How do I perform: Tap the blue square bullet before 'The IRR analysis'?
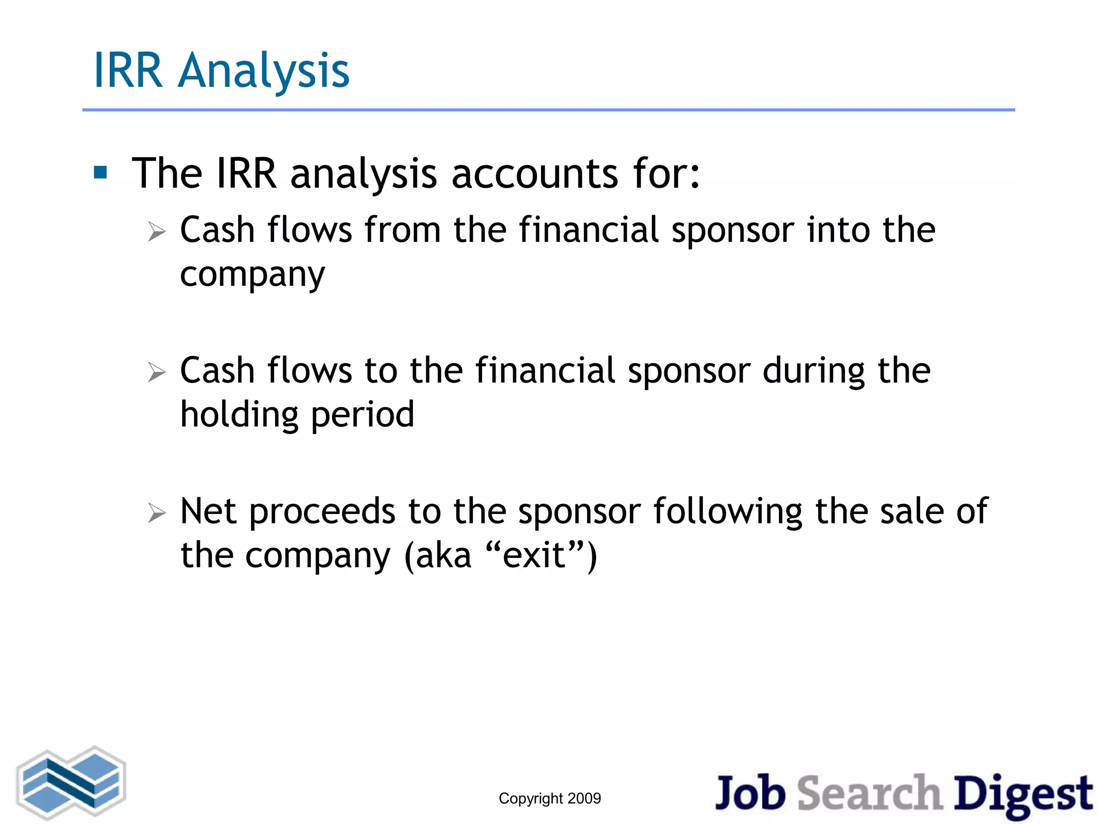click(x=100, y=172)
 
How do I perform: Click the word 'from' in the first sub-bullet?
click(x=403, y=230)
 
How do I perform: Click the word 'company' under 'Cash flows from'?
click(x=252, y=275)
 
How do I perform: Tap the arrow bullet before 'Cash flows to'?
click(x=157, y=372)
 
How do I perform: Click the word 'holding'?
click(x=239, y=415)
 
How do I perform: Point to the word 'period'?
click(x=362, y=415)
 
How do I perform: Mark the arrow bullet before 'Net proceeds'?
click(x=157, y=513)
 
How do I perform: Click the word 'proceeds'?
click(x=322, y=512)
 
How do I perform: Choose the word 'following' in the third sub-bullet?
click(x=728, y=512)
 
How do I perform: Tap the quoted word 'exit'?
click(x=534, y=556)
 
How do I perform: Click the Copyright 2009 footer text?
click(x=550, y=798)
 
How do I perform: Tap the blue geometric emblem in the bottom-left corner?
click(x=71, y=783)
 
